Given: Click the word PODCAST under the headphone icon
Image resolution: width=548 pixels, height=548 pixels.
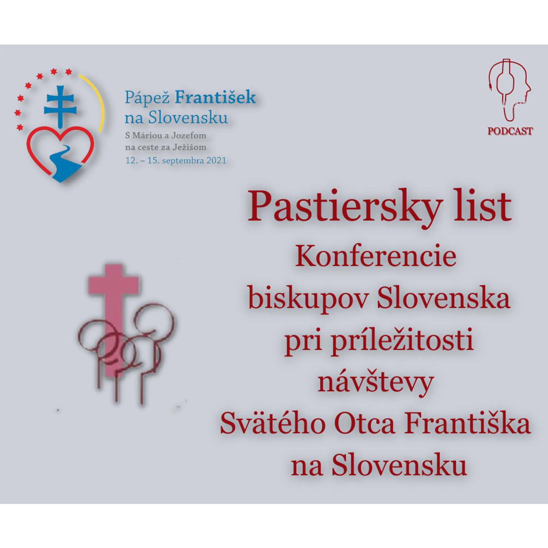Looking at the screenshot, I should point(510,131).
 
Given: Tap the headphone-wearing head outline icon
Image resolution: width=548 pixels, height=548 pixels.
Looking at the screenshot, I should point(510,90).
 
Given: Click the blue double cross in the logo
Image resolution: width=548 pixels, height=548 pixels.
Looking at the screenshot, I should point(60,106).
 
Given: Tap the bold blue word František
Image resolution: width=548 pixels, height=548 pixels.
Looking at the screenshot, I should point(215,97).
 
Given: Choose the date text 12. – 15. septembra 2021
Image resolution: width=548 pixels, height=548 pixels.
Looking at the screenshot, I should point(176,160).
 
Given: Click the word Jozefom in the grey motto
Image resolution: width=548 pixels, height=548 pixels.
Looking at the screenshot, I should point(189,136).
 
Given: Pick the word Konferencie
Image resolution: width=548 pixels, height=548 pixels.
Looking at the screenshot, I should point(376,256).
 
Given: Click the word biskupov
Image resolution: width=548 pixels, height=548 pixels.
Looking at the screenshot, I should point(308,298).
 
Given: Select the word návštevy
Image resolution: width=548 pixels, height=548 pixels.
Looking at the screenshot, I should point(376,383).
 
